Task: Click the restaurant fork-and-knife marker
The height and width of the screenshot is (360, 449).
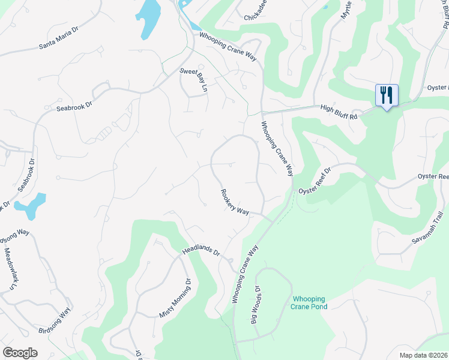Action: [386, 95]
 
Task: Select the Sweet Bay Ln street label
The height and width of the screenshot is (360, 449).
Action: [193, 79]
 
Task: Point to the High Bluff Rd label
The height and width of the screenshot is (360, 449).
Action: [339, 112]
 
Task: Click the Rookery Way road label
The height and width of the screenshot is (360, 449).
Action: [234, 202]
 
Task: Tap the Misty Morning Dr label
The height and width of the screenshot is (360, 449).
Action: [174, 298]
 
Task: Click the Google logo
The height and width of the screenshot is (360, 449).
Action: [20, 353]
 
